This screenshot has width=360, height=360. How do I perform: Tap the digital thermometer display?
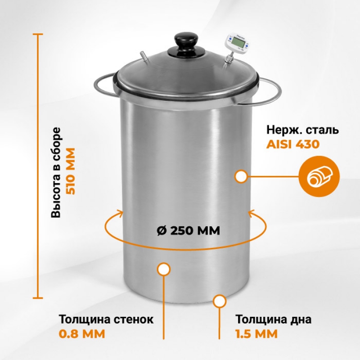pos(238,42)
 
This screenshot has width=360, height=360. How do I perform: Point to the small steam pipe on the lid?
pos(144,57)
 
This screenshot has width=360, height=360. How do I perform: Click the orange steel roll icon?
pos(319,176)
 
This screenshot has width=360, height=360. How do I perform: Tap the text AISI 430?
pos(293,144)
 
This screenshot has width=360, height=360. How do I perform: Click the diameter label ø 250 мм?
pos(188,230)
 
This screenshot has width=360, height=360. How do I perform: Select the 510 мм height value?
pos(71,171)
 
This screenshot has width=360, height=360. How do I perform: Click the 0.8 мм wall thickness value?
pos(82,333)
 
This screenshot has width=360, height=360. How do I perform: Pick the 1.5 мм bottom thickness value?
pos(256,333)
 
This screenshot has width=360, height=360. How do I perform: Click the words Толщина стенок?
pos(106,319)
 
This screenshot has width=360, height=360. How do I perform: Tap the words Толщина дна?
pos(274,319)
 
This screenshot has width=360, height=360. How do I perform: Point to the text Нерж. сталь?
pos(302,130)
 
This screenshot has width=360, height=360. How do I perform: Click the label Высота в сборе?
pos(56,172)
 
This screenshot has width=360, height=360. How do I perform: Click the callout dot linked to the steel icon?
pos(241,177)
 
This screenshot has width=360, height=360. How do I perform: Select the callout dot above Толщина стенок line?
pos(164,269)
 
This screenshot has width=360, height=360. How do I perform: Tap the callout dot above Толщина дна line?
pos(220,301)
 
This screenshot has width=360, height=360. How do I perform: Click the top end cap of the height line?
pos(38,35)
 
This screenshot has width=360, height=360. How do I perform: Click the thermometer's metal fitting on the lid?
pos(229,60)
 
